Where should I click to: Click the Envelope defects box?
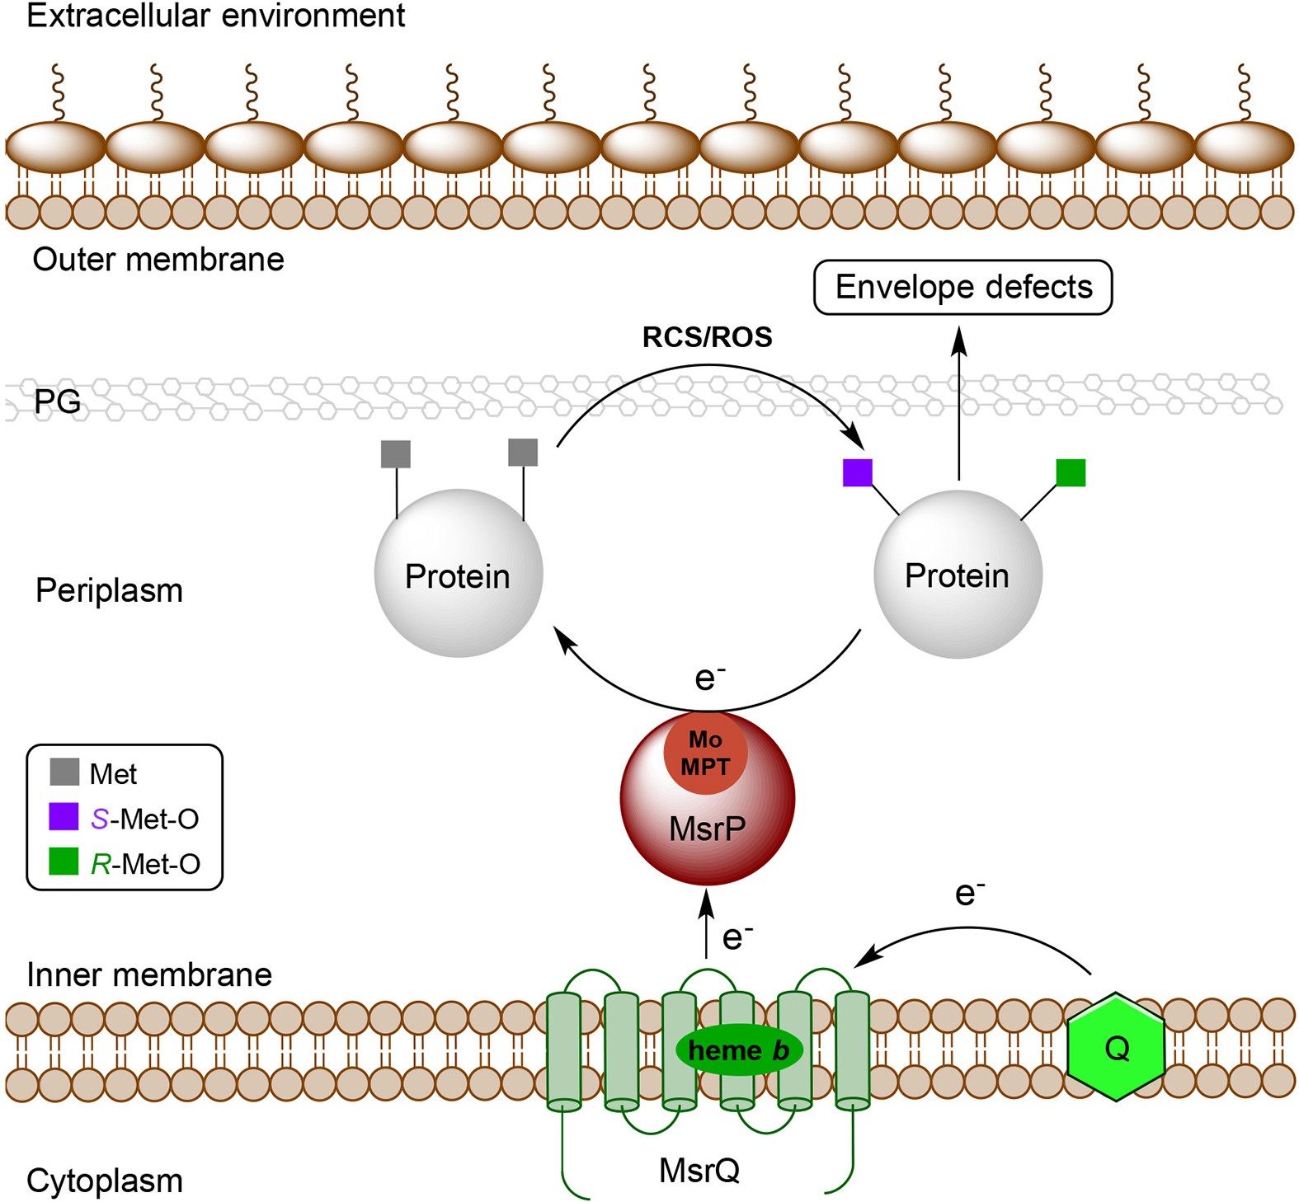tap(962, 287)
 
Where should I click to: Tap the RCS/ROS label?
tap(707, 336)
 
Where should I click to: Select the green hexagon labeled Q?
tap(1115, 1047)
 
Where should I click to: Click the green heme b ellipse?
tap(738, 1050)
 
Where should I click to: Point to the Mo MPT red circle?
tap(705, 753)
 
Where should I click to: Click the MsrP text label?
tap(707, 829)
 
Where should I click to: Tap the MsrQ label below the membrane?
tap(699, 1170)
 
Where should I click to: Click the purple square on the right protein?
tap(857, 472)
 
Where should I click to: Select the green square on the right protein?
tap(1071, 472)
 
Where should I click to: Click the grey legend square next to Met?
tap(64, 772)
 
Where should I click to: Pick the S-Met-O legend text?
tap(144, 819)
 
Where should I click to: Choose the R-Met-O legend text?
tap(145, 863)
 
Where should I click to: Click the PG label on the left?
tap(58, 401)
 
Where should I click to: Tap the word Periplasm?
tap(109, 590)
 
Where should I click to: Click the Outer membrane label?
tap(158, 260)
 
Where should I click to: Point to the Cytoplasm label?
tap(105, 1181)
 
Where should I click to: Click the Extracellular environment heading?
tap(215, 16)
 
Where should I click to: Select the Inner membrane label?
tap(149, 974)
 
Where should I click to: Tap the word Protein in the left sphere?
tap(457, 576)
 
